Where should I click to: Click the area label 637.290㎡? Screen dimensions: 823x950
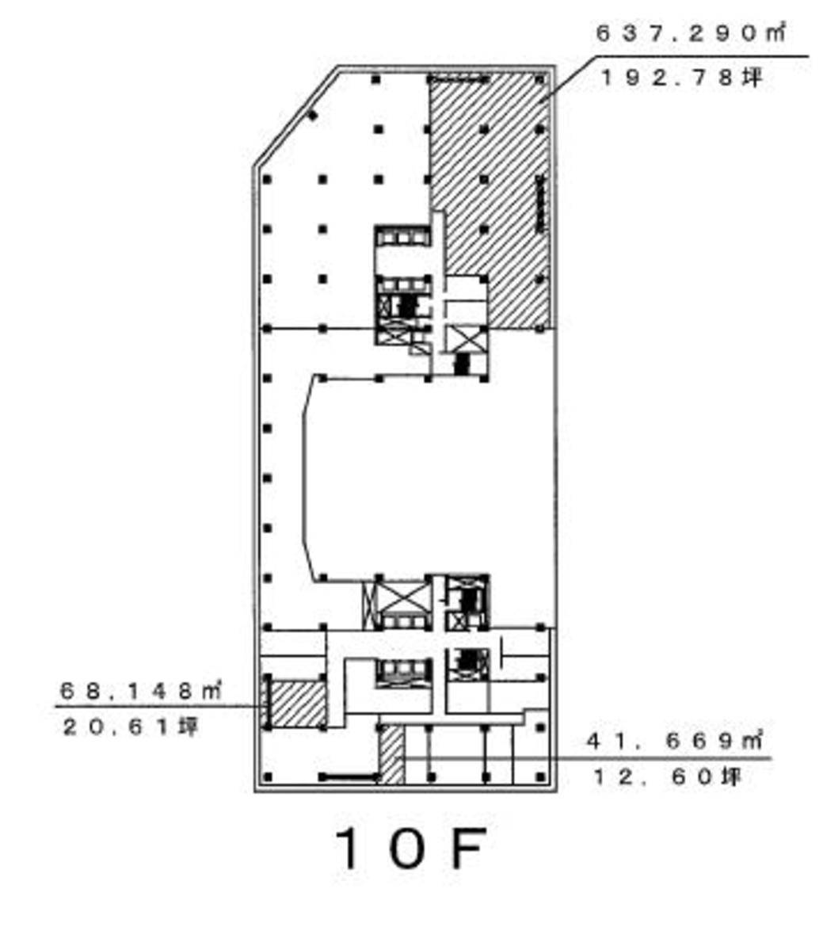click(x=691, y=32)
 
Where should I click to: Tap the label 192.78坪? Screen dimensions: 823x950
click(x=682, y=78)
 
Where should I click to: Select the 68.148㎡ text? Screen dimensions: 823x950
click(x=141, y=690)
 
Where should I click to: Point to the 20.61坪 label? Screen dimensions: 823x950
click(x=131, y=727)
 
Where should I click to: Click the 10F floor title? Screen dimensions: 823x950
click(x=410, y=848)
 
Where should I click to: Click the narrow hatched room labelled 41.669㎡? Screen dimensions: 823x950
click(x=391, y=754)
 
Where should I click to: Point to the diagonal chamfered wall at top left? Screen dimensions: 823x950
click(x=295, y=115)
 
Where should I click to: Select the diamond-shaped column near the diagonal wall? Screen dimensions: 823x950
click(x=312, y=115)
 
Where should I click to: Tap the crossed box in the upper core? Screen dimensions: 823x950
click(x=466, y=339)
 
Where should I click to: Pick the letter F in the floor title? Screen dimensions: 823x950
click(x=468, y=848)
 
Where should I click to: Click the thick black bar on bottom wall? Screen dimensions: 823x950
click(x=349, y=776)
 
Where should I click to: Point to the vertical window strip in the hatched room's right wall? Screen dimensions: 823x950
click(x=540, y=204)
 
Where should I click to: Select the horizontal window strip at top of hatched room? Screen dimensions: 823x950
click(x=459, y=78)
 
